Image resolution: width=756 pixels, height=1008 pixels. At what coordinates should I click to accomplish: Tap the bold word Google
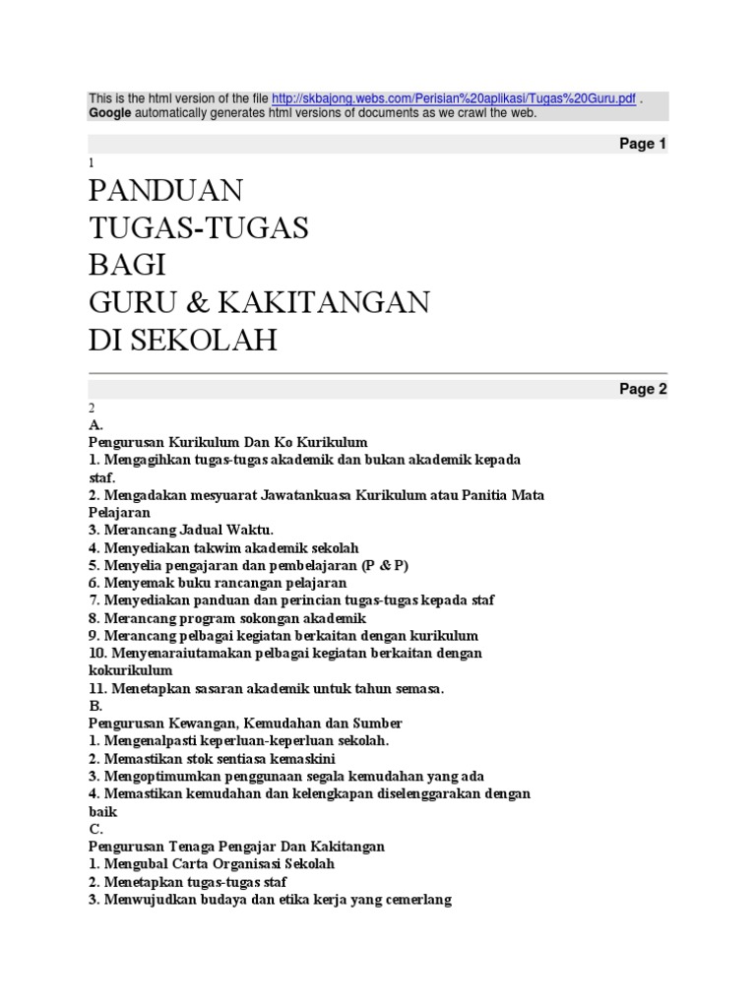coord(110,113)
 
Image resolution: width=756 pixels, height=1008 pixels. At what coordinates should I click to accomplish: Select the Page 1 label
coord(643,144)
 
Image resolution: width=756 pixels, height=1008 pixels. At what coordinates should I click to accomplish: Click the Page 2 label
coord(643,389)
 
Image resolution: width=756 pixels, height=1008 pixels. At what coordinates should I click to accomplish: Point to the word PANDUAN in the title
coord(165,189)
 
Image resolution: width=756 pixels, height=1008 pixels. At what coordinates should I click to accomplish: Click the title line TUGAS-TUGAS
coord(199,227)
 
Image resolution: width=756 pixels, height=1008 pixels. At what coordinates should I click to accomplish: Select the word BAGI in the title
coord(128,265)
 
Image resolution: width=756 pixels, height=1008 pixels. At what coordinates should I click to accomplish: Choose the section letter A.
coord(95,425)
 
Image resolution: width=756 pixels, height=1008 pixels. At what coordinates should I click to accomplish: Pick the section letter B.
coord(94,706)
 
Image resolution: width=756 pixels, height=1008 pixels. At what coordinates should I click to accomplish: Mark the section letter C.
coord(95,829)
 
